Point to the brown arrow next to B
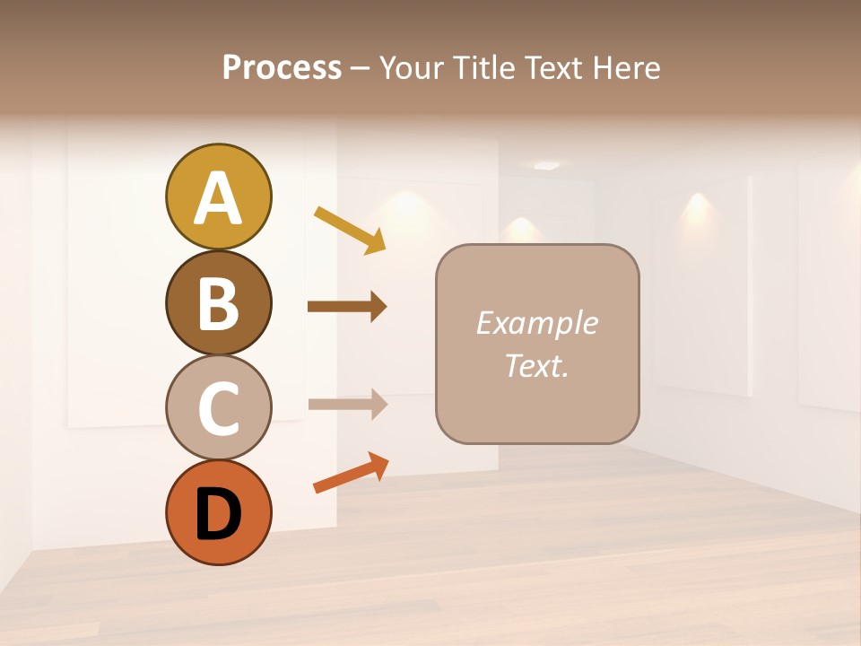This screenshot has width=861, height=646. click(x=347, y=307)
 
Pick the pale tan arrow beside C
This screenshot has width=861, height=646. click(x=348, y=405)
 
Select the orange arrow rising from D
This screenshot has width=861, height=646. click(x=351, y=473)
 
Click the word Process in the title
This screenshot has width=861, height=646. click(x=282, y=67)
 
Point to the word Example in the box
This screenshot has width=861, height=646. click(x=536, y=323)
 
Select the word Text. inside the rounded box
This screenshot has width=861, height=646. click(x=536, y=365)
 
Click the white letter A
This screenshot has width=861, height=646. click(x=218, y=199)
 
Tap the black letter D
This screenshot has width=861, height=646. click(x=218, y=515)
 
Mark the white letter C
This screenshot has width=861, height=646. click(x=218, y=409)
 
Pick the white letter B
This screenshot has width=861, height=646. click(x=218, y=304)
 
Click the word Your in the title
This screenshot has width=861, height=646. click(x=411, y=67)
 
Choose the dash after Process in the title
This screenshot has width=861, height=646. click(x=361, y=69)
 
